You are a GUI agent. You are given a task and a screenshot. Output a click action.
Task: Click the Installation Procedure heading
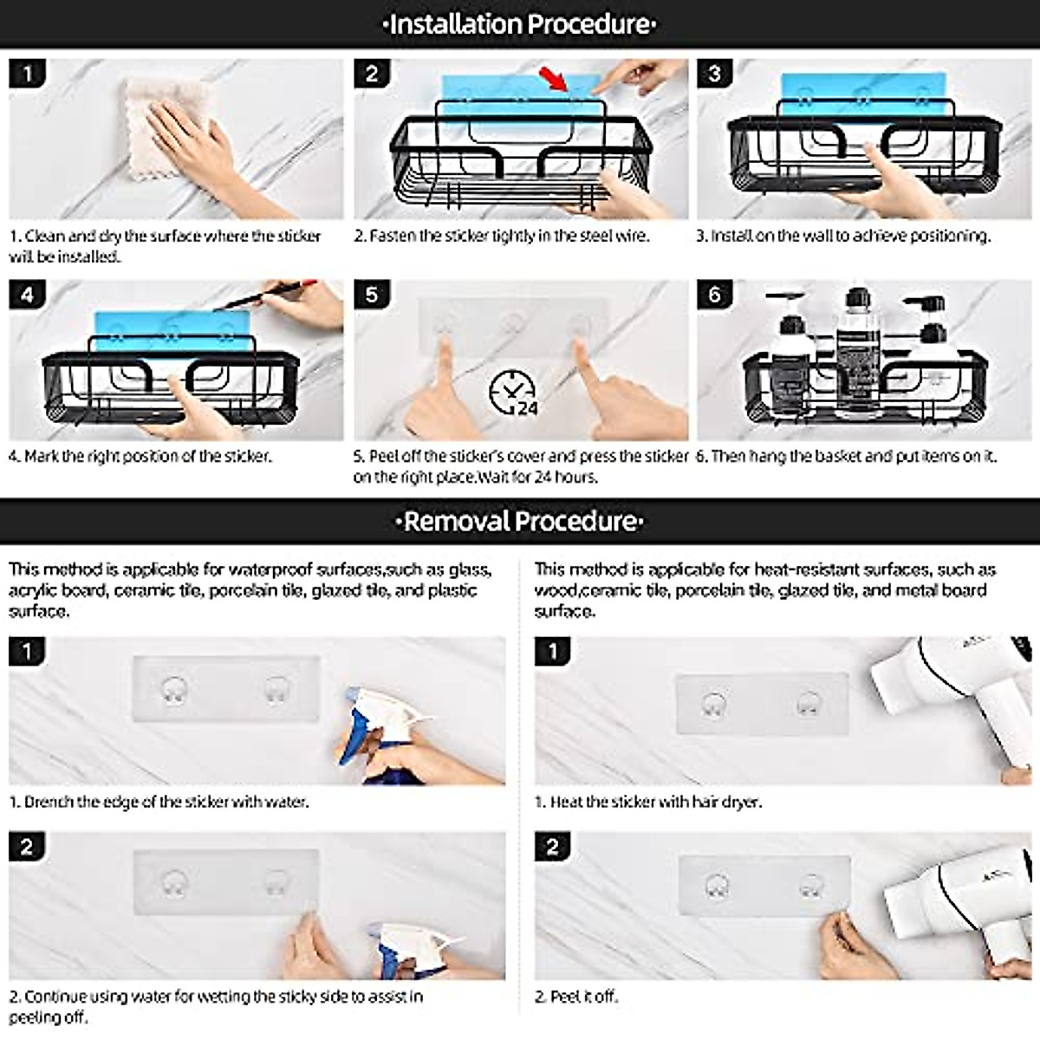point(520,24)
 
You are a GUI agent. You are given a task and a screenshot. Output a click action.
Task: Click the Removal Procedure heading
point(520,522)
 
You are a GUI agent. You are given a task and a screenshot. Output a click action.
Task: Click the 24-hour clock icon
point(513,393)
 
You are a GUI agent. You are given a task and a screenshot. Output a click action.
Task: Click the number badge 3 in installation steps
point(714,74)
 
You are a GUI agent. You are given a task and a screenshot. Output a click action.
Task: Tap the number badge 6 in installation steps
point(714,295)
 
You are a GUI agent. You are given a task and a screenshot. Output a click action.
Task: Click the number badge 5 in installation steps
point(372,295)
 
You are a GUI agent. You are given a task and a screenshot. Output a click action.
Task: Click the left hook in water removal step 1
point(175,692)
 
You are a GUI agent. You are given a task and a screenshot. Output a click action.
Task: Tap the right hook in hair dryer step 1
point(808,705)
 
